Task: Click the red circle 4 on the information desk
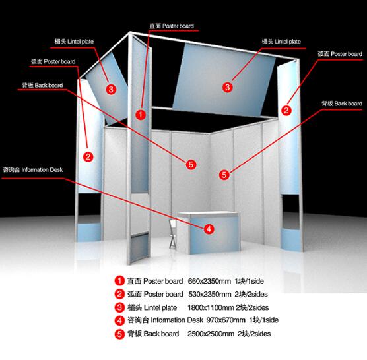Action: pyautogui.click(x=209, y=229)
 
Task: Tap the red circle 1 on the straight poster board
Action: pyautogui.click(x=141, y=115)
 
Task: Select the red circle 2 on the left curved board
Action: pyautogui.click(x=88, y=156)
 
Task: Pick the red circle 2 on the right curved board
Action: pyautogui.click(x=286, y=110)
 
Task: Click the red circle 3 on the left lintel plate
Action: pyautogui.click(x=111, y=89)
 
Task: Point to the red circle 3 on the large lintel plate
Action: pyautogui.click(x=227, y=87)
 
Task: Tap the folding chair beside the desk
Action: pyautogui.click(x=173, y=234)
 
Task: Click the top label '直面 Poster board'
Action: pyautogui.click(x=172, y=26)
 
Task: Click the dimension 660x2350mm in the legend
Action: pyautogui.click(x=209, y=281)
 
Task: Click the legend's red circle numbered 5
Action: pyautogui.click(x=119, y=334)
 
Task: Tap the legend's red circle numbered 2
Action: pyautogui.click(x=119, y=294)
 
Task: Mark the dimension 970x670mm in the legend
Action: pyautogui.click(x=226, y=320)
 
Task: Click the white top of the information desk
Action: pyautogui.click(x=209, y=214)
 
